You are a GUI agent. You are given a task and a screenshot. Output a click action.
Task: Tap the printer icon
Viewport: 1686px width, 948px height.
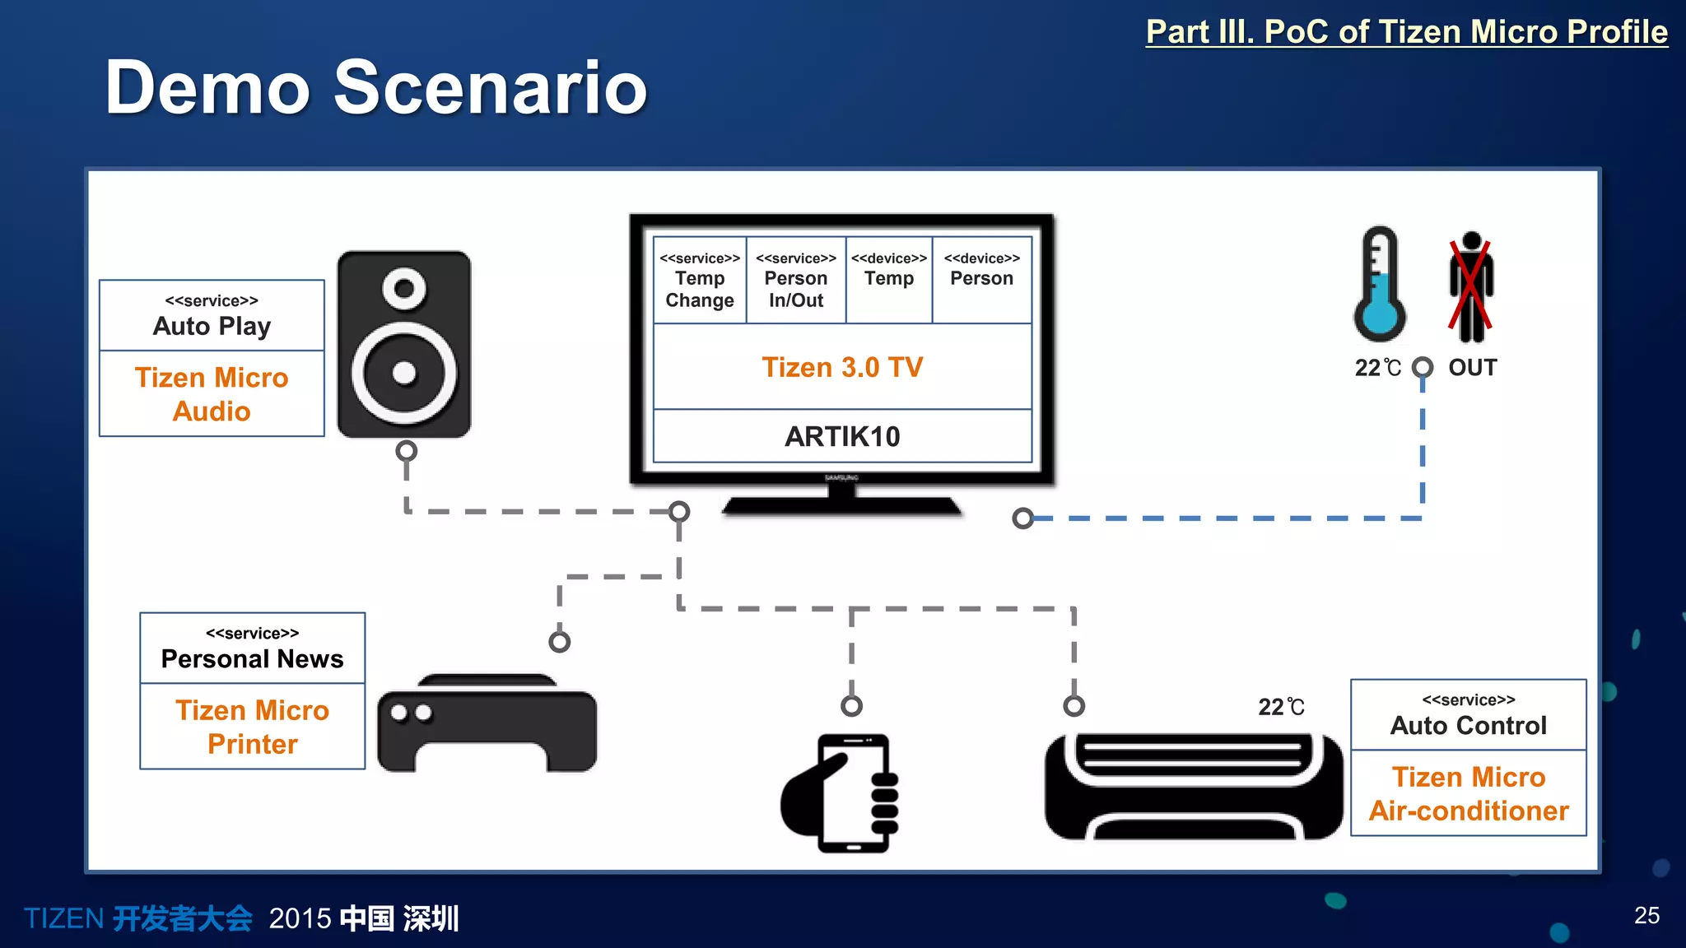click(x=487, y=725)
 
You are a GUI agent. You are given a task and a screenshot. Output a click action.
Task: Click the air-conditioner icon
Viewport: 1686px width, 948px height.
click(x=1193, y=787)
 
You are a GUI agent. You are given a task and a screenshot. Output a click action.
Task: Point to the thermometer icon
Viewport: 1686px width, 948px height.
click(x=1380, y=285)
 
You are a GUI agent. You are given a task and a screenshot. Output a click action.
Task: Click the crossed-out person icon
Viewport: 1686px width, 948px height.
click(x=1471, y=287)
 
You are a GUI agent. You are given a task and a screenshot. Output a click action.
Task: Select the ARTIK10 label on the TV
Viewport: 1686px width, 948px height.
click(x=842, y=436)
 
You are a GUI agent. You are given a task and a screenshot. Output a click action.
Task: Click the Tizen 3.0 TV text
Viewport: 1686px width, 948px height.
click(x=842, y=367)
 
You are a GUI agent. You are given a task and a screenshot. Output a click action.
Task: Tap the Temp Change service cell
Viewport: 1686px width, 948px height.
click(x=700, y=281)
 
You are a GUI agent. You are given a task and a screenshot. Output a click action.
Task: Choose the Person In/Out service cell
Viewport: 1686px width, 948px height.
click(x=796, y=281)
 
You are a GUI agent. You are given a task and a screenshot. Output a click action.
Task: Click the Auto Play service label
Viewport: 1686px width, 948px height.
click(x=212, y=317)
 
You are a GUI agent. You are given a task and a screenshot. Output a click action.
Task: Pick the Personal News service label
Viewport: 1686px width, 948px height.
click(x=252, y=649)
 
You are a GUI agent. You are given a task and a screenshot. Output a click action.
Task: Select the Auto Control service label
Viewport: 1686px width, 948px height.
click(x=1469, y=716)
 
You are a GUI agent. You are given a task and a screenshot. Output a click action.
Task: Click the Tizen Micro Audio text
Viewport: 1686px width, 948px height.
click(x=212, y=394)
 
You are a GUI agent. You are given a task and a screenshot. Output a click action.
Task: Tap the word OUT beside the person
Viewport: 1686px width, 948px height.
click(x=1473, y=368)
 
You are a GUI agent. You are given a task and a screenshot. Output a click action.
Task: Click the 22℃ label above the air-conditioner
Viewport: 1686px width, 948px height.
click(x=1281, y=707)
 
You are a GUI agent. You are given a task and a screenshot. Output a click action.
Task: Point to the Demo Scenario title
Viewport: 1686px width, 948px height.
click(x=376, y=87)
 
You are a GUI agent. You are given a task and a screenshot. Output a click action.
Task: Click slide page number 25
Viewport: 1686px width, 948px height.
click(x=1646, y=915)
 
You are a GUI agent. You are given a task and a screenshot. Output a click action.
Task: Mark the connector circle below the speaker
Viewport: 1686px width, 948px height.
click(x=406, y=451)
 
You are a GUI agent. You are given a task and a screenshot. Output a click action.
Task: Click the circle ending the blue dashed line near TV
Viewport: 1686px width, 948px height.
click(x=1022, y=518)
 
